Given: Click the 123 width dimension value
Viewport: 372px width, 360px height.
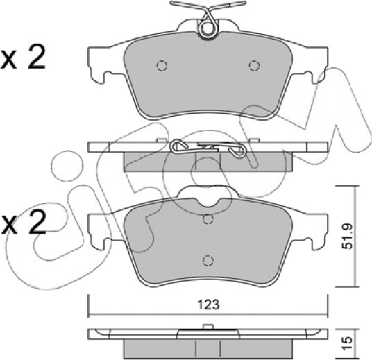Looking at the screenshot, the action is [209, 305].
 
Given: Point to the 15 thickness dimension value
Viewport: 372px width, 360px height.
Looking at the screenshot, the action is [348, 344].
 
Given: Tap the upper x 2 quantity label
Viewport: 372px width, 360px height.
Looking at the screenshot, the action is [22, 57].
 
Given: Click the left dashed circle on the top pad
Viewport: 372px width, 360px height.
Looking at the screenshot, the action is [162, 65].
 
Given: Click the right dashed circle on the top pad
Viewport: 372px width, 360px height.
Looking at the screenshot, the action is [254, 65].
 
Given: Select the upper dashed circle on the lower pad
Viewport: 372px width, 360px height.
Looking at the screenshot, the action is [208, 219].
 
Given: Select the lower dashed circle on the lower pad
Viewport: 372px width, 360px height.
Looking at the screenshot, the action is [208, 261].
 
